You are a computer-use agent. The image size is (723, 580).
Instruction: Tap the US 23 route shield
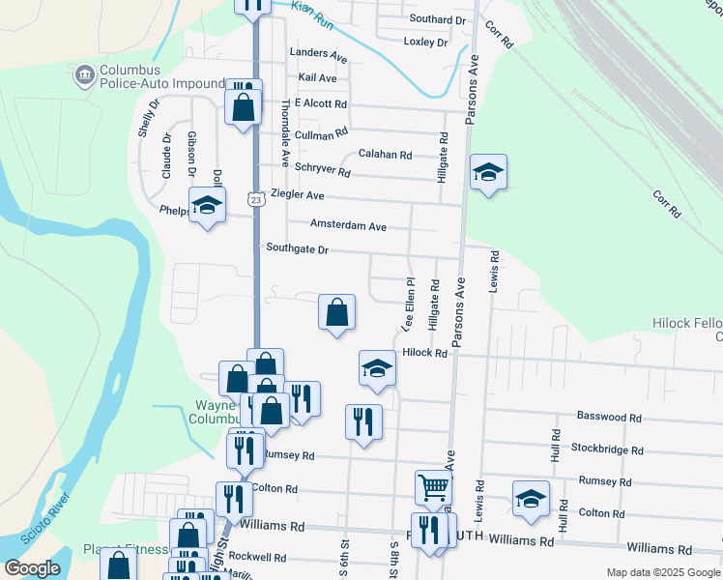tap(255, 199)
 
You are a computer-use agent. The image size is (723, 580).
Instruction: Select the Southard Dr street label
tap(438, 19)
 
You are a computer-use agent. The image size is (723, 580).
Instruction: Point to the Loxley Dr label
tap(425, 43)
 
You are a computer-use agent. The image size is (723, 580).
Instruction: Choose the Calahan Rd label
tap(385, 155)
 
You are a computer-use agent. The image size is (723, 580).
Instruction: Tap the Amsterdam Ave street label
tap(348, 226)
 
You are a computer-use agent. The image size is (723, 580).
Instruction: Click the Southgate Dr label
tap(298, 249)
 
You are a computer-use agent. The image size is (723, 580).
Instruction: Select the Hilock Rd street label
tap(425, 354)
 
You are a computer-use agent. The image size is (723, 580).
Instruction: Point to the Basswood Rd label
tap(609, 418)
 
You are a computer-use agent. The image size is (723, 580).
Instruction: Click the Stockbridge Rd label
tap(607, 449)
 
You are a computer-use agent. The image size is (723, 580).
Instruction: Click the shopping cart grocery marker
tap(434, 487)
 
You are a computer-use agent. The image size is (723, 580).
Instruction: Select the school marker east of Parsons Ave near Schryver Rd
tap(488, 173)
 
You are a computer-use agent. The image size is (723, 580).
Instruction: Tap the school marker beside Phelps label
tap(207, 206)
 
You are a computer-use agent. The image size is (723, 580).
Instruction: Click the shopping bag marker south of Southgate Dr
tap(336, 313)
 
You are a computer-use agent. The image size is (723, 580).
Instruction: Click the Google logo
tap(31, 568)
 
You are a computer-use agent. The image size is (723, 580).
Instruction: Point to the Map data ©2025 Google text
tap(662, 572)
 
